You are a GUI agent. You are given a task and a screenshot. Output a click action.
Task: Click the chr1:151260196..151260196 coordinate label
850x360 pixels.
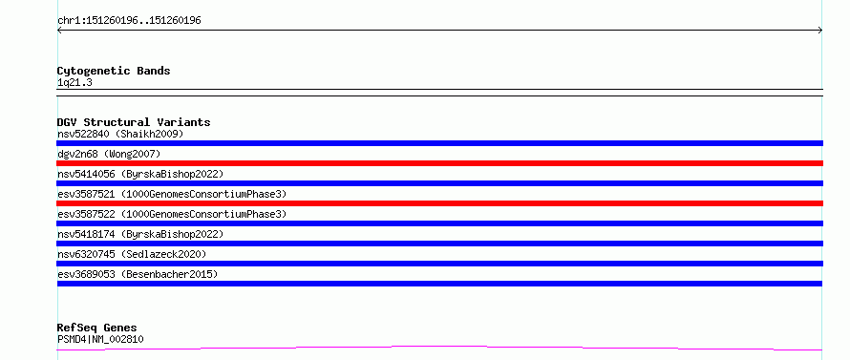pyautogui.click(x=130, y=21)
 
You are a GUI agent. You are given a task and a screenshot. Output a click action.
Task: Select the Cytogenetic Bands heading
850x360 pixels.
pyautogui.click(x=114, y=71)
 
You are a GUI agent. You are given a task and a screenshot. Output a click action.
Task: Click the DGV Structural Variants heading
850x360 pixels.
pyautogui.click(x=134, y=122)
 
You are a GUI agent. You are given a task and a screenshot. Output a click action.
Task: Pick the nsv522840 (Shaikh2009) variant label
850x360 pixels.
pyautogui.click(x=120, y=134)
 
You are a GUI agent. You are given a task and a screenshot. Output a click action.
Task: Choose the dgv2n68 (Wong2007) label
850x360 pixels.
pyautogui.click(x=109, y=154)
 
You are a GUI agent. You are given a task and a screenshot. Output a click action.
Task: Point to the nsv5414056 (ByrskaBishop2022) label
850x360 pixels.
pyautogui.click(x=140, y=174)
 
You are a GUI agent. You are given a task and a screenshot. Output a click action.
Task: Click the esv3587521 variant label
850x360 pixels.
pyautogui.click(x=172, y=194)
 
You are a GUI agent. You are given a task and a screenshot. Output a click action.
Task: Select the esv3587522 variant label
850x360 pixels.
pyautogui.click(x=172, y=214)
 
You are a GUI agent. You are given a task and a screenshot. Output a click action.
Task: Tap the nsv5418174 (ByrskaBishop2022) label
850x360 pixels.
pyautogui.click(x=140, y=234)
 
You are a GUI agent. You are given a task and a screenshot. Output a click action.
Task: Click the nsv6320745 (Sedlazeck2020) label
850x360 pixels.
pyautogui.click(x=132, y=254)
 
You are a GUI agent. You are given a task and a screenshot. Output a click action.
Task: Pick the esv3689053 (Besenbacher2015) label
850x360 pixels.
pyautogui.click(x=138, y=274)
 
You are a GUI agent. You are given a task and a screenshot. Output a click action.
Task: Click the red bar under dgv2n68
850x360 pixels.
pyautogui.click(x=439, y=163)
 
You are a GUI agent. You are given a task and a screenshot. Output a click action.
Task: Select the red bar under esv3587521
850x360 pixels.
pyautogui.click(x=439, y=203)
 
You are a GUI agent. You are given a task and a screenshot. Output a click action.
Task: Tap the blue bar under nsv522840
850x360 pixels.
pyautogui.click(x=439, y=143)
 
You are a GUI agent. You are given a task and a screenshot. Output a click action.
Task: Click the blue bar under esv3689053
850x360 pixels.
pyautogui.click(x=439, y=284)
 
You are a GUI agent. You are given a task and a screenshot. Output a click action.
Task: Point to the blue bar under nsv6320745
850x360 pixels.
pyautogui.click(x=439, y=264)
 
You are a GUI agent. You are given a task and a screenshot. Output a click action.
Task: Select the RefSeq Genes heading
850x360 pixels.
pyautogui.click(x=97, y=328)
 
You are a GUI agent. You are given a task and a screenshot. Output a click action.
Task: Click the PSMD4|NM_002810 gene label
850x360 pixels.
pyautogui.click(x=101, y=339)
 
